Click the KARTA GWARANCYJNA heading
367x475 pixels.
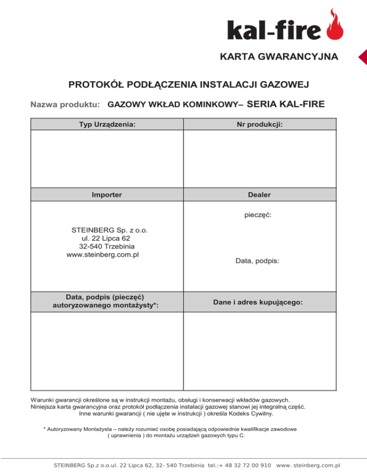coord(279,57)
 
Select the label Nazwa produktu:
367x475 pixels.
coord(65,104)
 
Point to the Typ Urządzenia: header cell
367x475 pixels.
coord(107,124)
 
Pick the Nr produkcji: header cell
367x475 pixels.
coord(259,124)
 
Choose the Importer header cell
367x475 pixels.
coord(107,195)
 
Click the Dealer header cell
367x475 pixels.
coord(259,195)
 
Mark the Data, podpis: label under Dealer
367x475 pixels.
coord(258,261)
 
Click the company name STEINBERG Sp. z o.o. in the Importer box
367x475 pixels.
coord(109,229)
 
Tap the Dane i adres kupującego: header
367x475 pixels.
coord(258,302)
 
